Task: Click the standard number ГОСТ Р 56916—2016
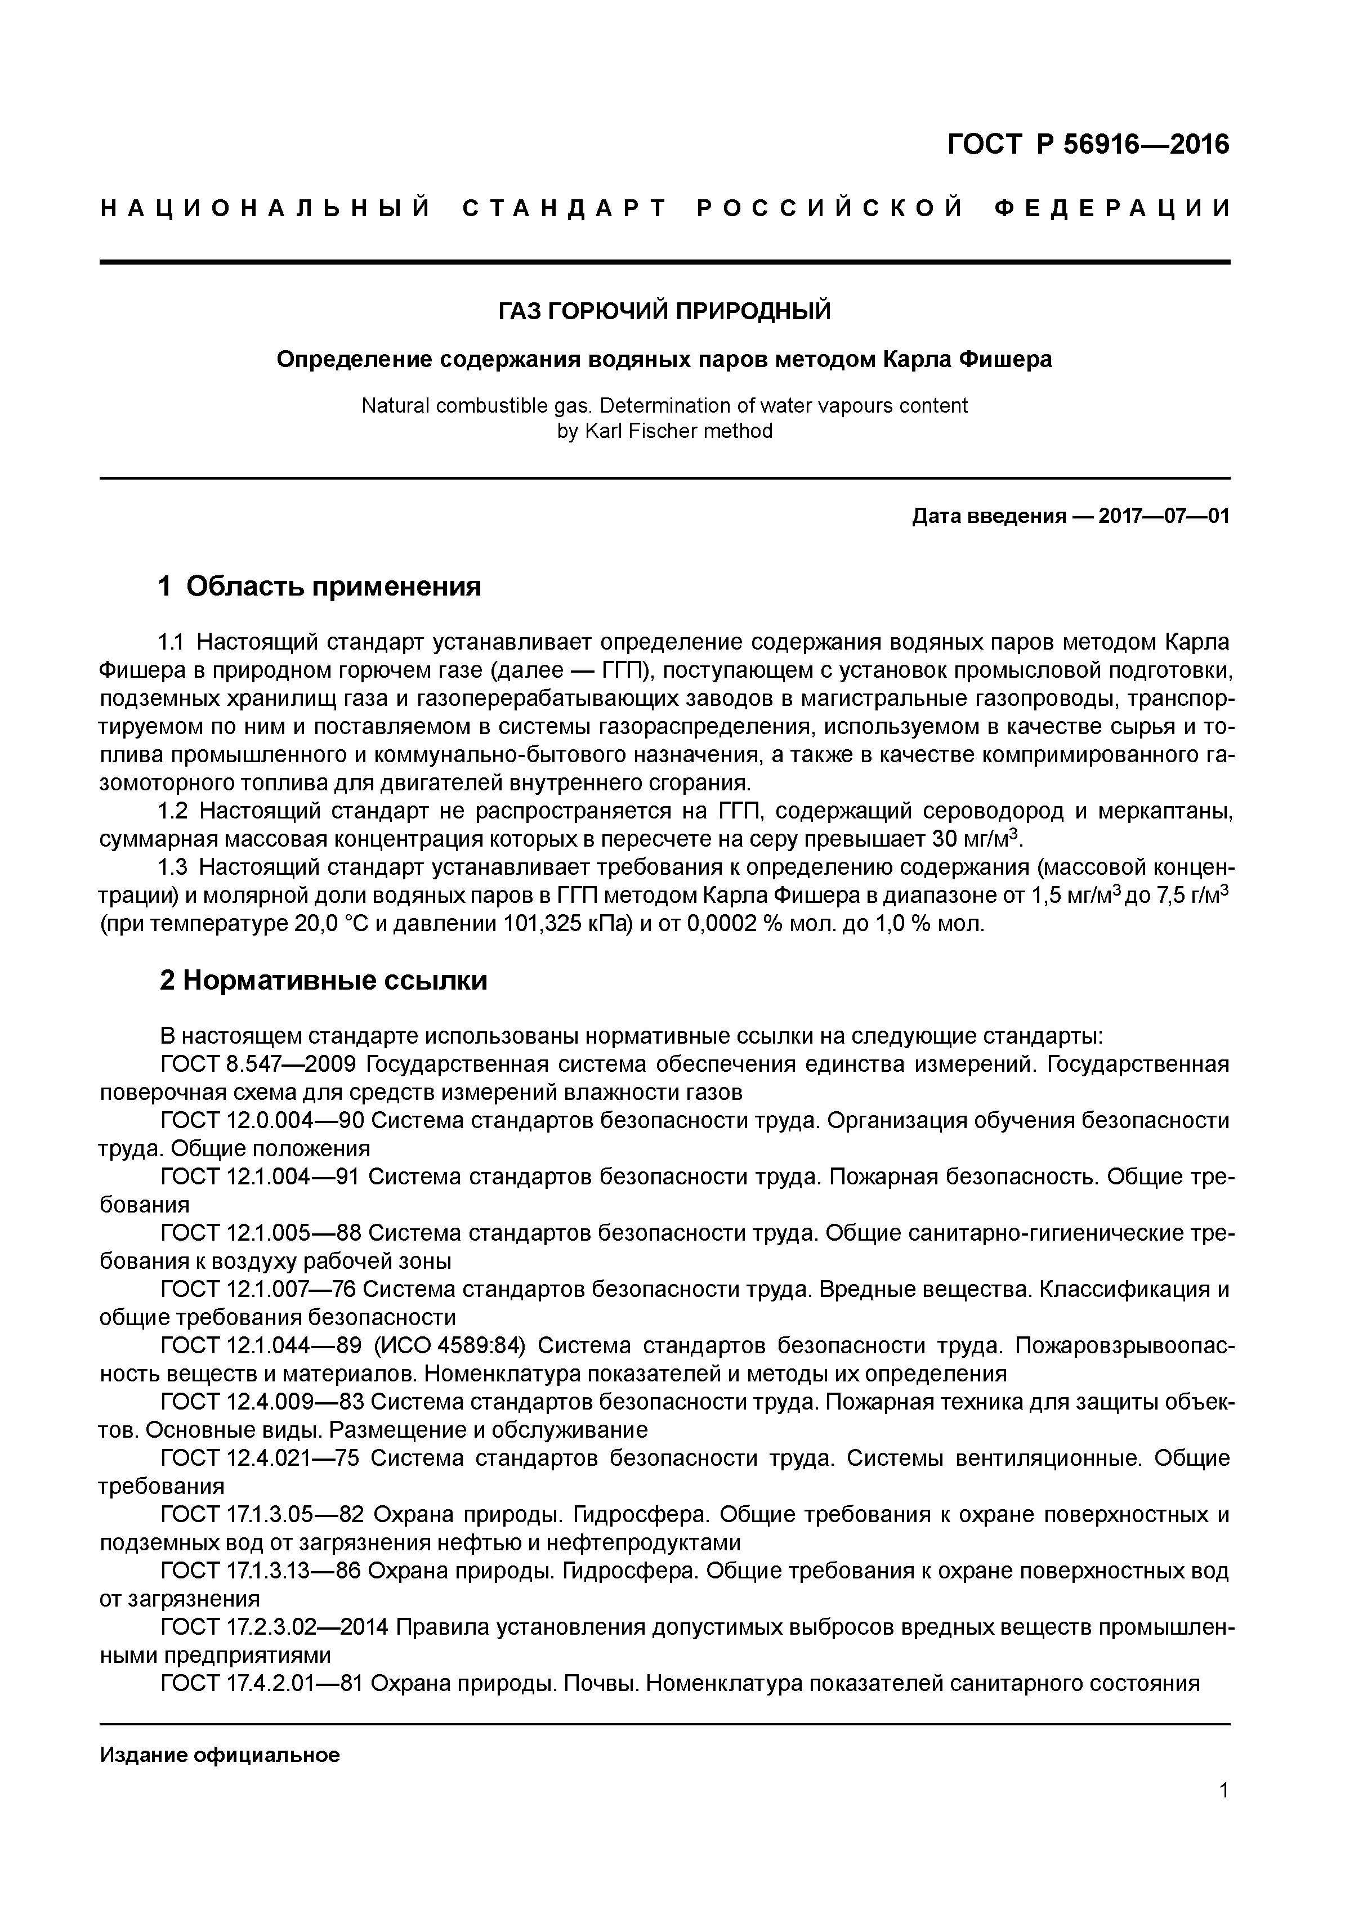click(x=1088, y=145)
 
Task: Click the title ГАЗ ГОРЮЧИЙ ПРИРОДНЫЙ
click(x=664, y=311)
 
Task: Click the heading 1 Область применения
click(x=320, y=586)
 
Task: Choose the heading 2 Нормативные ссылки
click(x=323, y=980)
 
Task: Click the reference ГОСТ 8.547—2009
click(x=260, y=1065)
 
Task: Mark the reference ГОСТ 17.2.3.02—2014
click(x=274, y=1626)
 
